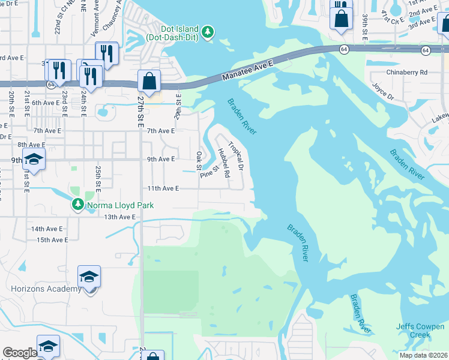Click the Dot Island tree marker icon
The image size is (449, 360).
tap(208, 31)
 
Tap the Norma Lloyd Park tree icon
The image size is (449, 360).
tap(77, 205)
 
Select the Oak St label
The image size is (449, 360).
tap(199, 160)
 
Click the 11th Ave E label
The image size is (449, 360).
tap(164, 188)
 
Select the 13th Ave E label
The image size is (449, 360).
tap(119, 217)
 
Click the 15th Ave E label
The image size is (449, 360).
tap(52, 240)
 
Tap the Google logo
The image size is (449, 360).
tap(20, 353)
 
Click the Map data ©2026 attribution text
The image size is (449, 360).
tap(424, 355)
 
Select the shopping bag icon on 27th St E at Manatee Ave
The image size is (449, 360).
tap(149, 81)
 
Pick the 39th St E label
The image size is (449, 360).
tap(365, 26)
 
